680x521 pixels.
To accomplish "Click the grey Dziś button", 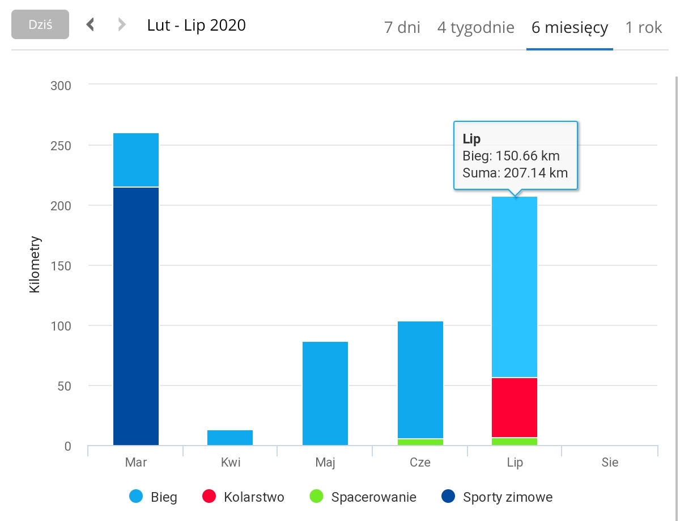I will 40,25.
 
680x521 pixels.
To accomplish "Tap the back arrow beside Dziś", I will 90,25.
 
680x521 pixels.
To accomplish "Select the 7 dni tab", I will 402,27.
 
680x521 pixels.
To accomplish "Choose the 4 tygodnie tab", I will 475,27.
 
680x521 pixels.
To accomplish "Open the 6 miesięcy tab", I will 569,27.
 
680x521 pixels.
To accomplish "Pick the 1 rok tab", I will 644,27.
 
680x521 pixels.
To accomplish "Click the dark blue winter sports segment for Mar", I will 136,316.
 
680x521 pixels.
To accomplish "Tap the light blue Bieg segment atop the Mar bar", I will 136,160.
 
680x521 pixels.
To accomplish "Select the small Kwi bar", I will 230,438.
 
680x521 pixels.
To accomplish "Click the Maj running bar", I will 325,393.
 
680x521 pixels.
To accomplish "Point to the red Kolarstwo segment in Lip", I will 515,408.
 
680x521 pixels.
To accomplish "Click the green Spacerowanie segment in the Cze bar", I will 420,442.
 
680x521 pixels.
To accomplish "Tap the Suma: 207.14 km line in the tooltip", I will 515,173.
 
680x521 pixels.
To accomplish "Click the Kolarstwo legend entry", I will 243,498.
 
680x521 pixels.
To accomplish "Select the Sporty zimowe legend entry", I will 496,498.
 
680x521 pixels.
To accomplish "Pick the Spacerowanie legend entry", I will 363,498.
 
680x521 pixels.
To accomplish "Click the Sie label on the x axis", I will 610,463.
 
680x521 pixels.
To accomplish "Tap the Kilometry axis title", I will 35,264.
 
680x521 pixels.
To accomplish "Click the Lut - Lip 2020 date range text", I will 196,25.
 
